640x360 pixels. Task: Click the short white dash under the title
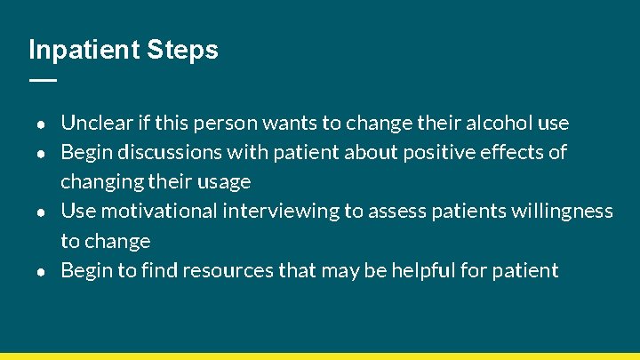(42, 79)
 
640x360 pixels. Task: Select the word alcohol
(500, 123)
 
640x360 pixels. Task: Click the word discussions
(170, 152)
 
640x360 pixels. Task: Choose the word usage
(224, 182)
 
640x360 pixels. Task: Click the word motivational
(159, 212)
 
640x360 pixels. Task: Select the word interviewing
(278, 212)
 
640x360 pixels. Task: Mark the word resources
(229, 270)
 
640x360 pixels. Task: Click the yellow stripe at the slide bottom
(320, 356)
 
